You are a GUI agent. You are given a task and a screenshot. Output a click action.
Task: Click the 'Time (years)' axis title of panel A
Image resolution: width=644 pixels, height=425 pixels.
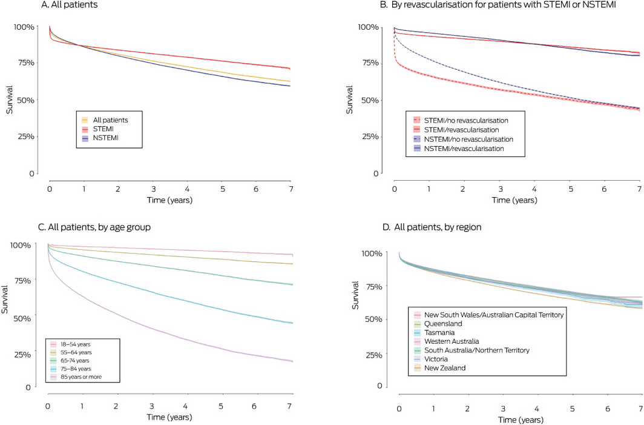tap(169, 199)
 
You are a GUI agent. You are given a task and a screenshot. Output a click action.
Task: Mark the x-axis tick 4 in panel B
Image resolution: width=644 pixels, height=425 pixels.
tap(534, 191)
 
